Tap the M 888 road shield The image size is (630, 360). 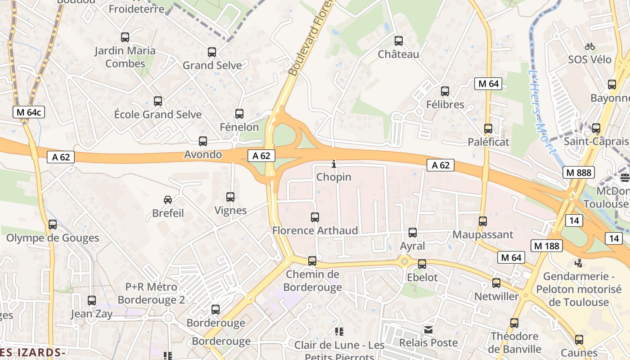pos(579,172)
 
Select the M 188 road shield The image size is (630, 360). pos(547,246)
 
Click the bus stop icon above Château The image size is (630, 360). pos(399,41)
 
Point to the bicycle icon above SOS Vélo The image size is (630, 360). pos(590,46)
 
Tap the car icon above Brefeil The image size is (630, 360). pos(168,199)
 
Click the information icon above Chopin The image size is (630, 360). pos(333,164)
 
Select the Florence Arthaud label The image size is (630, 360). pos(315,231)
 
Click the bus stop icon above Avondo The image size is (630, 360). pos(203,141)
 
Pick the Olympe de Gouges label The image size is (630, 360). pos(53,238)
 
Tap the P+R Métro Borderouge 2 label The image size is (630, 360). pos(151,293)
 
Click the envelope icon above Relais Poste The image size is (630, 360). pos(428,330)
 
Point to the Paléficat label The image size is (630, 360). pos(488,142)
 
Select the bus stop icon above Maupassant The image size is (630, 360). pos(483,221)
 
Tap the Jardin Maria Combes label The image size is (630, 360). pos(125,57)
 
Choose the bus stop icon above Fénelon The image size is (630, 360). pos(239,114)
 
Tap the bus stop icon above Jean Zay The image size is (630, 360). pos(92,301)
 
